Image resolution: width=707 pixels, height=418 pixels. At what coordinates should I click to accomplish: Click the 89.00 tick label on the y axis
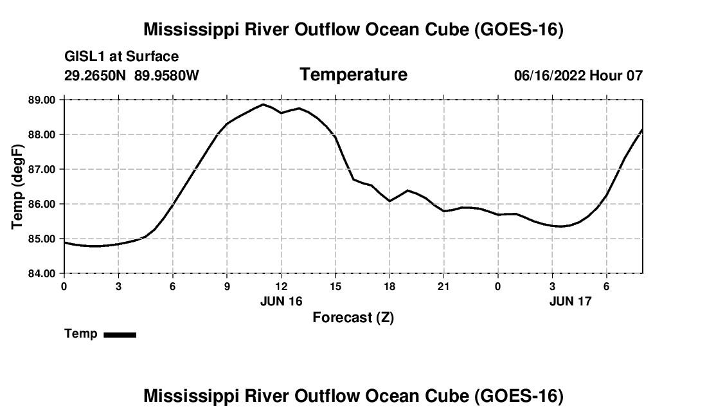(42, 100)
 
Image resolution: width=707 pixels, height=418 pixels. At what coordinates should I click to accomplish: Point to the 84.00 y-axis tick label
(42, 273)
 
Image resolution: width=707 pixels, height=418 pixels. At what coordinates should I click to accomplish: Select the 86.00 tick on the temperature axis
(42, 204)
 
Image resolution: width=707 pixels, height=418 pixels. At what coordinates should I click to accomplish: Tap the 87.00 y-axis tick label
(42, 169)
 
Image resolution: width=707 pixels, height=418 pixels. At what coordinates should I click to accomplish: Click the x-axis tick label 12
(282, 286)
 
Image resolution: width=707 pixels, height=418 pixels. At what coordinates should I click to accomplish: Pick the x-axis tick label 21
(443, 286)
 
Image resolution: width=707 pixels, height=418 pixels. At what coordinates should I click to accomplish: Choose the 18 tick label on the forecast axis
(389, 286)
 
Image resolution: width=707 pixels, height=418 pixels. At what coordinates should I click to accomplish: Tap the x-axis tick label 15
(336, 286)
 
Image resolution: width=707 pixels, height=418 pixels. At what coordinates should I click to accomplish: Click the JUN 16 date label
(282, 301)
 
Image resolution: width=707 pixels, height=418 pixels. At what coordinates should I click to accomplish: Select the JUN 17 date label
(570, 301)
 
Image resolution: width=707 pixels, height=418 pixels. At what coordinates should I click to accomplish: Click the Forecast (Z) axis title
(353, 318)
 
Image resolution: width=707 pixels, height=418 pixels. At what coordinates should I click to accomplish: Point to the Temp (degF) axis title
(17, 186)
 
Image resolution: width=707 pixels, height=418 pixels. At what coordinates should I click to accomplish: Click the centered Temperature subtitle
(353, 75)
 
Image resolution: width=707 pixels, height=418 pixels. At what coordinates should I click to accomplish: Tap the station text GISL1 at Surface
(121, 57)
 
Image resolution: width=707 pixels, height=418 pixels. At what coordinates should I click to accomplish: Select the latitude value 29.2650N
(95, 75)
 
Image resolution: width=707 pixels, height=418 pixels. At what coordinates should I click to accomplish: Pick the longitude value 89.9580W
(166, 75)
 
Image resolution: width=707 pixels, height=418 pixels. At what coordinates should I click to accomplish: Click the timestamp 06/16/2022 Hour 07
(578, 75)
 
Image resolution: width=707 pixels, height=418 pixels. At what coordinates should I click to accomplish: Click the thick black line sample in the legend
(120, 334)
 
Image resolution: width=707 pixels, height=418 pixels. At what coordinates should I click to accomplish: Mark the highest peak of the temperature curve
(264, 104)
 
